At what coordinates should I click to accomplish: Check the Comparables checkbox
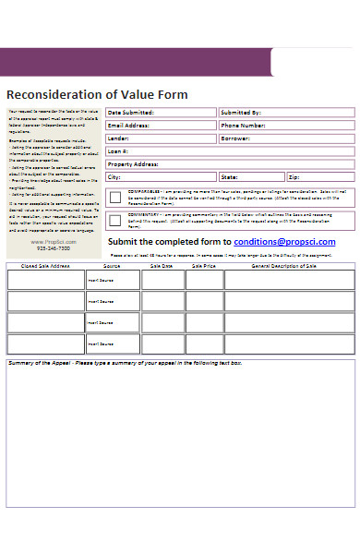pos(114,197)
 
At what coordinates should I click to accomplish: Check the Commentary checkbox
pos(114,221)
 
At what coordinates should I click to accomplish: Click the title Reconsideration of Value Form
pos(97,94)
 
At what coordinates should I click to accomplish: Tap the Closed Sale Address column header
pos(45,265)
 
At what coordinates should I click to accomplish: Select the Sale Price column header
pos(203,265)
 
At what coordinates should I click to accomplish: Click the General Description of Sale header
pos(285,265)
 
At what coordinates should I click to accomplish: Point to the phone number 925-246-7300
pos(53,249)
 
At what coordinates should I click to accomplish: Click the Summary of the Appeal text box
pos(180,443)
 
